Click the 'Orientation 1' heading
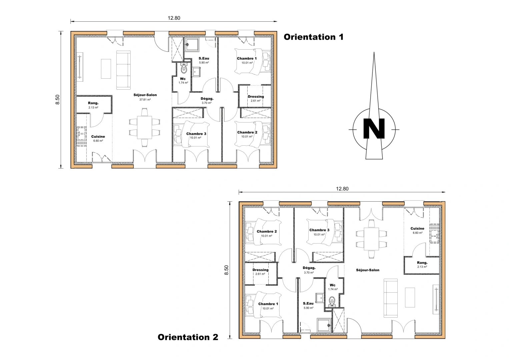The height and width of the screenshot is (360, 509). [313, 37]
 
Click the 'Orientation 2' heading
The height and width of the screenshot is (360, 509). [188, 337]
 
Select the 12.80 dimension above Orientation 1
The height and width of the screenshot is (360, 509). [174, 18]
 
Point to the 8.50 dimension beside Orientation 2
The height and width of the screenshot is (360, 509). [227, 270]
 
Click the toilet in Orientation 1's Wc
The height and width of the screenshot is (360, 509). [184, 69]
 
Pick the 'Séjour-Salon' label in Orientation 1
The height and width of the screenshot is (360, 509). [145, 95]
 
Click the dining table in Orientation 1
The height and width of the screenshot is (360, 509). [145, 127]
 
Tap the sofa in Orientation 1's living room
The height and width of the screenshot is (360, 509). [123, 70]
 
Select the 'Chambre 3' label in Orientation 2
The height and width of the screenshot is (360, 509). [319, 230]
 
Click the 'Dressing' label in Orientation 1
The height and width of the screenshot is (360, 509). [256, 97]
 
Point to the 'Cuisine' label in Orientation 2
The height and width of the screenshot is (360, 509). [417, 229]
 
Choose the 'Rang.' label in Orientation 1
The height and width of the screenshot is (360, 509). [93, 103]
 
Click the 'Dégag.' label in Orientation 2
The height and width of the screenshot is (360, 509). [309, 268]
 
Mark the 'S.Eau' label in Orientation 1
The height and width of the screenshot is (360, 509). [204, 58]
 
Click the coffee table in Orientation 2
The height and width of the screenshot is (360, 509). [410, 297]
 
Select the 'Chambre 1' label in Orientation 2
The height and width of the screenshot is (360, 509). [268, 304]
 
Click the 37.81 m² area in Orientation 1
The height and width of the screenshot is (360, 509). [145, 99]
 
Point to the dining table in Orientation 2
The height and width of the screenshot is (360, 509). [371, 239]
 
